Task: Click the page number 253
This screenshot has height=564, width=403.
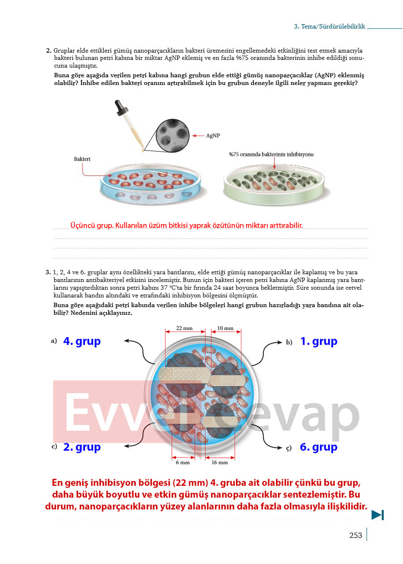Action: click(356, 535)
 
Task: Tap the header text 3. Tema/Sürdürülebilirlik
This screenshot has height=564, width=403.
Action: click(329, 26)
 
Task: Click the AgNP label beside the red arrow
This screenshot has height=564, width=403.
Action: click(213, 136)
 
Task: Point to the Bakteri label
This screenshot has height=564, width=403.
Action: click(82, 159)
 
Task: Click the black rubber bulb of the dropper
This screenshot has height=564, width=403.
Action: click(119, 107)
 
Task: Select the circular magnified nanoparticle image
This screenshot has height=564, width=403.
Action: click(173, 136)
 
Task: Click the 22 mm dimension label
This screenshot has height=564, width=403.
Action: click(184, 328)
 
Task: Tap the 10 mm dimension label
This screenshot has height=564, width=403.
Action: click(225, 328)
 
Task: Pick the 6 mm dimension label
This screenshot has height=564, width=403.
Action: click(182, 462)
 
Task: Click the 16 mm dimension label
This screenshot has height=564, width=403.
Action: click(220, 462)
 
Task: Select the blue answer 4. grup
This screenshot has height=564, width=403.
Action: click(82, 341)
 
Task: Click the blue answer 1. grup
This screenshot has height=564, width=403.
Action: click(319, 341)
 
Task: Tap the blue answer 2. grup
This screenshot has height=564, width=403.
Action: click(82, 447)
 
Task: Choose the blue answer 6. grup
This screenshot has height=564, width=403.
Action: click(319, 447)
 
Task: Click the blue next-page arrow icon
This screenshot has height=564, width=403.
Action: click(377, 515)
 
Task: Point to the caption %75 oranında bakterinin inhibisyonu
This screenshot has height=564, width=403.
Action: click(271, 155)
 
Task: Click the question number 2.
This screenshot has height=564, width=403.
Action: click(49, 50)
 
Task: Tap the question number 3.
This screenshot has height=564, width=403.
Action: click(48, 272)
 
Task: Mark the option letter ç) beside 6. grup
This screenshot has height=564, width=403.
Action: click(288, 448)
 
